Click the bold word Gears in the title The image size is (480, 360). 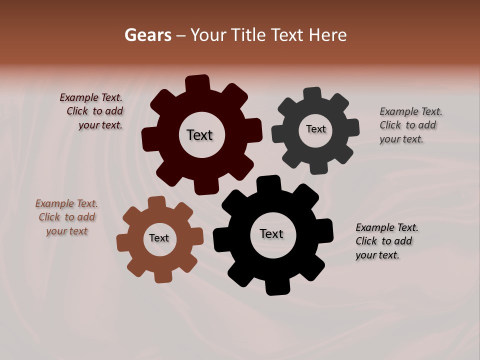[147, 35]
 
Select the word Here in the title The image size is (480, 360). [327, 35]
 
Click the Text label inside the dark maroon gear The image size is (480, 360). [199, 135]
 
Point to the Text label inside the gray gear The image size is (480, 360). [315, 129]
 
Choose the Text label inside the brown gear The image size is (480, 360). [159, 238]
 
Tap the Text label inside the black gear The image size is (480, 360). [271, 233]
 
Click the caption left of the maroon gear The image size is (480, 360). [92, 111]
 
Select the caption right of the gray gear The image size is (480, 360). [410, 125]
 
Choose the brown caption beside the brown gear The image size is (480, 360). [67, 217]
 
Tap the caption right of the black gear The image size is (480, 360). [386, 241]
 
